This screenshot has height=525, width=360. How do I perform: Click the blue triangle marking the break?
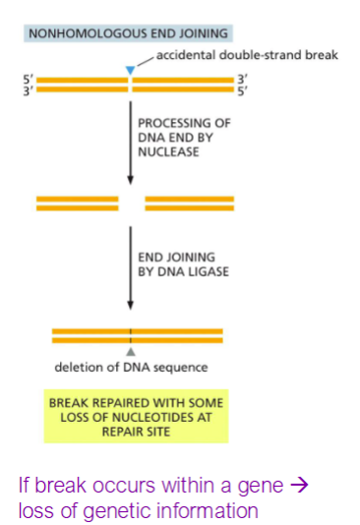130,69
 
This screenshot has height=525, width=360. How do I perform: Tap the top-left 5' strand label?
28,78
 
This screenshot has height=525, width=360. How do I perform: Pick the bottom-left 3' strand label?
28,89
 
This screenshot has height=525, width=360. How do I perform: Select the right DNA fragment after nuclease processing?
190,204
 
